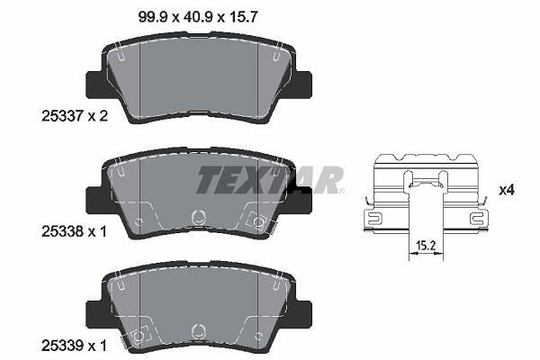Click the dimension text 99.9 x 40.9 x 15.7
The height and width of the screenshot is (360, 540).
(198, 17)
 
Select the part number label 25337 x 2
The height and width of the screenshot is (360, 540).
(75, 116)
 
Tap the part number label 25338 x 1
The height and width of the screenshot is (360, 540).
(74, 231)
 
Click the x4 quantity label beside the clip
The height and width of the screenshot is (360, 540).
(507, 190)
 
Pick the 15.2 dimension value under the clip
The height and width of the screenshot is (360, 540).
(426, 246)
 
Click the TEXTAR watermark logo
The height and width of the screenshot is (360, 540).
(270, 179)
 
